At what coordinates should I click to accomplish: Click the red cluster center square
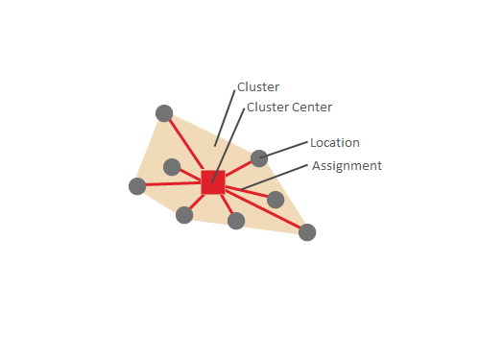point(213,182)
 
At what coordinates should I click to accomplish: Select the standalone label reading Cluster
point(258,87)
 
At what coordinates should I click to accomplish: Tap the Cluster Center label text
point(289,108)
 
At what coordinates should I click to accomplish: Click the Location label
point(334,143)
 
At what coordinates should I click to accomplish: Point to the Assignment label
point(347,166)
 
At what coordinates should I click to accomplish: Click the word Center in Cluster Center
point(313,108)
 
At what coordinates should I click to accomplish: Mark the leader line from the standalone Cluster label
point(226,118)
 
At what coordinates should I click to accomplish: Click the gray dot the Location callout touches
point(259,158)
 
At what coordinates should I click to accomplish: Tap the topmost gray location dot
point(164,112)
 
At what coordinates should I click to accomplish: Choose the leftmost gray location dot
point(137,186)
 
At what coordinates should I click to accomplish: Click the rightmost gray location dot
point(307,231)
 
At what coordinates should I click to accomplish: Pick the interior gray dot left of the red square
point(172,167)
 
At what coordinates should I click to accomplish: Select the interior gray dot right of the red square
point(276,200)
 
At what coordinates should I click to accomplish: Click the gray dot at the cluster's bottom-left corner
point(184,215)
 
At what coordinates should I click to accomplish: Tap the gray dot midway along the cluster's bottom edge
point(236,221)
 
